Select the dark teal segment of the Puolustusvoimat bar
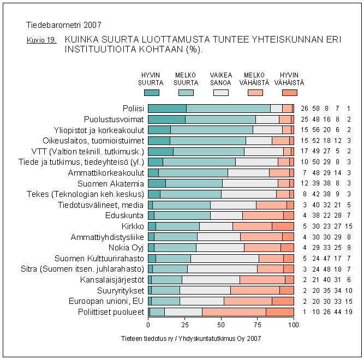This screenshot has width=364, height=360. click(166, 118)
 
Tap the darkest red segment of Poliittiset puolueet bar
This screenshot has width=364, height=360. click(279, 311)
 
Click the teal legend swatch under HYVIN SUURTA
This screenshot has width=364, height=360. click(148, 93)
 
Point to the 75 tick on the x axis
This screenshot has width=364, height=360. click(258, 325)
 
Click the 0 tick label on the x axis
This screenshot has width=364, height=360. click(148, 325)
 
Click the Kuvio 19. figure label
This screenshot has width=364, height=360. click(41, 40)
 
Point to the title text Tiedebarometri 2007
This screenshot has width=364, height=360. click(63, 25)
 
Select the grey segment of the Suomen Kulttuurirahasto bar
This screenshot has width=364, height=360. click(224, 258)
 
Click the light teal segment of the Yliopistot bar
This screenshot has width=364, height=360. click(211, 129)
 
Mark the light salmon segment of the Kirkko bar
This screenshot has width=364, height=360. click(252, 226)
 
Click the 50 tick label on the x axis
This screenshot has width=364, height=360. click(221, 325)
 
